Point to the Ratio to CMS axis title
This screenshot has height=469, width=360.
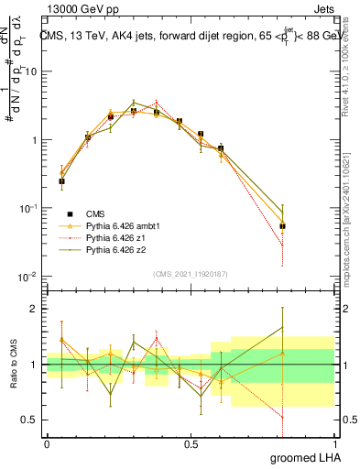click(13, 365)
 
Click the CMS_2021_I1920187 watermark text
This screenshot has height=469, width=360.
click(190, 273)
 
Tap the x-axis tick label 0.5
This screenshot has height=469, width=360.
click(191, 442)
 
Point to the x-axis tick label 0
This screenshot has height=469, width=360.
click(47, 442)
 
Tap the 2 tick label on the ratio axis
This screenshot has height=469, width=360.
click(35, 309)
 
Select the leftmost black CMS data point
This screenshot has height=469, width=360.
click(61, 181)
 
